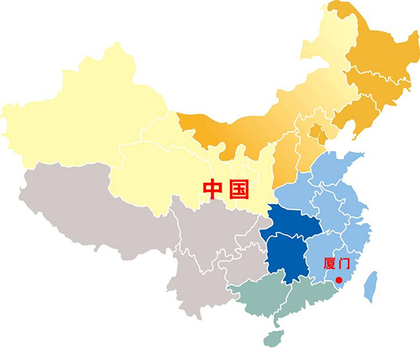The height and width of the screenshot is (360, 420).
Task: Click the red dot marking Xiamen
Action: (x=339, y=280)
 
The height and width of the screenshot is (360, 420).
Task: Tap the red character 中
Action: (x=213, y=188)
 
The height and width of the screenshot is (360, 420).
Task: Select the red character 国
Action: (x=238, y=188)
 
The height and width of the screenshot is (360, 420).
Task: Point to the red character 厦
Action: (x=332, y=264)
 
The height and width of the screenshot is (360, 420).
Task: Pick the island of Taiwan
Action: (x=371, y=287)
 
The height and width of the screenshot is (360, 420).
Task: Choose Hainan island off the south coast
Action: (x=272, y=339)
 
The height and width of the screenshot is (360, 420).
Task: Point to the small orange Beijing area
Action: (x=316, y=131)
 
